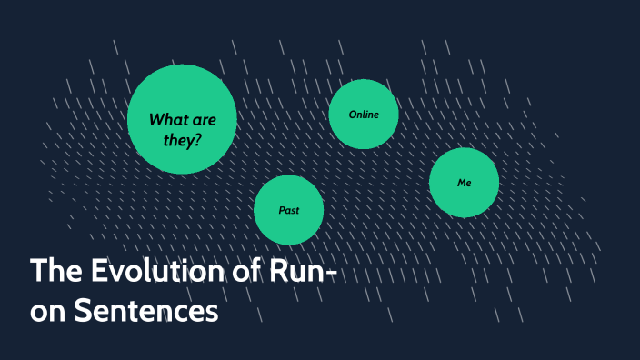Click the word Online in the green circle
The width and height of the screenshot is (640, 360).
pyautogui.click(x=363, y=115)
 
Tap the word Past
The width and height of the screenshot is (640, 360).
pyautogui.click(x=288, y=210)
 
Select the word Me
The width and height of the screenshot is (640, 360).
pyautogui.click(x=464, y=183)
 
